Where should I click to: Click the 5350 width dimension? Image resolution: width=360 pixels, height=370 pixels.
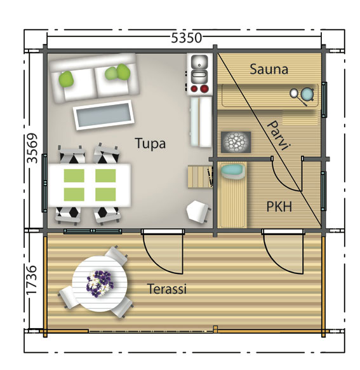tap(186, 38)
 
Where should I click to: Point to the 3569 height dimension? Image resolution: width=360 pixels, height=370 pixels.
tap(32, 148)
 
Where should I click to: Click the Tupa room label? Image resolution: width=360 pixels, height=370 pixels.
tap(150, 144)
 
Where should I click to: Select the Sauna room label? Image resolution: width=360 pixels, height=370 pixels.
tap(269, 69)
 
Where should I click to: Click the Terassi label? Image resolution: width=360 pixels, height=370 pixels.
tap(167, 289)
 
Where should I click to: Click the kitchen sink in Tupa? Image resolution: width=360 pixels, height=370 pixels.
tap(199, 63)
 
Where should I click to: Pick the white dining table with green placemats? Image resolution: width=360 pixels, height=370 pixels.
tap(90, 185)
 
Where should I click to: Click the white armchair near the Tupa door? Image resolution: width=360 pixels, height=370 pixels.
tap(197, 211)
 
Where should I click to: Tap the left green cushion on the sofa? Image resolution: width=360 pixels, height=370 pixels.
tap(65, 79)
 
